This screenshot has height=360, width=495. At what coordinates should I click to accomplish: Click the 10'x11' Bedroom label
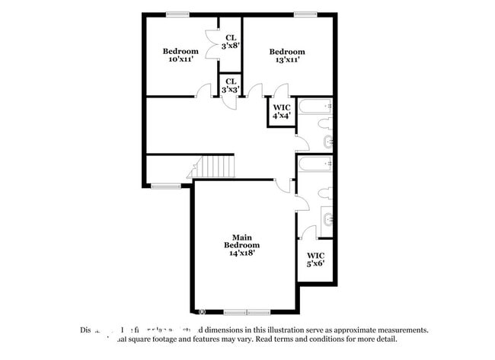click(x=180, y=56)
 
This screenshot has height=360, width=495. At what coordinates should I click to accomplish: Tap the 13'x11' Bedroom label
click(x=287, y=56)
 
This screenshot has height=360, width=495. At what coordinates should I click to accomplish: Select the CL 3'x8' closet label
click(x=231, y=41)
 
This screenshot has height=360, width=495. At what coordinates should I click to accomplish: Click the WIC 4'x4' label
click(x=282, y=111)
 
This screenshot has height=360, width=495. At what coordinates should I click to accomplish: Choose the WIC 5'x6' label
click(x=315, y=260)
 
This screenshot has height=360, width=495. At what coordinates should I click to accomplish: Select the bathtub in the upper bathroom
click(x=315, y=105)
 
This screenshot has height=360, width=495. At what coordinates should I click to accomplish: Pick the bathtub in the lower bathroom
click(x=315, y=163)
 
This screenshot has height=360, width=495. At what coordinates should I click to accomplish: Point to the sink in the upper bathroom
click(x=327, y=142)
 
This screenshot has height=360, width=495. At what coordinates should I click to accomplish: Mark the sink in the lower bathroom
click(x=327, y=219)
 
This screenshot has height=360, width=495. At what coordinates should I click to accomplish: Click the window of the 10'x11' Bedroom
click(x=177, y=14)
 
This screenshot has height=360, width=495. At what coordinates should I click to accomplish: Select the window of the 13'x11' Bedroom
click(x=305, y=14)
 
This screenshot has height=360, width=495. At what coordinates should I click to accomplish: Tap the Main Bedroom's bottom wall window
click(x=247, y=312)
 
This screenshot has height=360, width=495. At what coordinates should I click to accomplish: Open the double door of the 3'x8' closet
click(x=212, y=38)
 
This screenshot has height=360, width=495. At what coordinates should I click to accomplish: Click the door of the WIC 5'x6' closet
click(x=308, y=232)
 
